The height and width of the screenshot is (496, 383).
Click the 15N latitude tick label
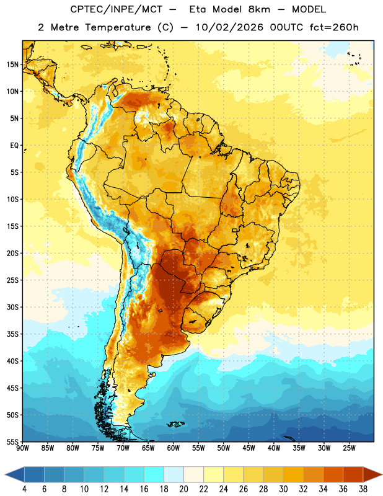point(12,64)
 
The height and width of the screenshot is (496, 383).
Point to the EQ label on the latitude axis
point(14,146)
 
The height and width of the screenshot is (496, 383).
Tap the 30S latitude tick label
point(12,307)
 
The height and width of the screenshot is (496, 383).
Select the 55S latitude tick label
point(12,442)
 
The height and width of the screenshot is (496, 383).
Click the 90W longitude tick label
point(22,448)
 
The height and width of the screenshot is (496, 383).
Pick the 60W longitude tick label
point(174,448)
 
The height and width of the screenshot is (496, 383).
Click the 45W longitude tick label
point(249,448)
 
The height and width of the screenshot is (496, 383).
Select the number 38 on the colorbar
point(363,489)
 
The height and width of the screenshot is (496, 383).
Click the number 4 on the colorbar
point(24,489)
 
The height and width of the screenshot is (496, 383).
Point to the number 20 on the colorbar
point(183,489)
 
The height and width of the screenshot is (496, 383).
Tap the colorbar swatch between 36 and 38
point(353,475)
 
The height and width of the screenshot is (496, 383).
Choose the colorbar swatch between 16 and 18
point(154,475)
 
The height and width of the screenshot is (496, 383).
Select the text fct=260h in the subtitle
point(334,27)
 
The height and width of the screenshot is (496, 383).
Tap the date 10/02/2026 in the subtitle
point(229,27)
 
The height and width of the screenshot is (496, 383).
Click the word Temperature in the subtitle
point(118,28)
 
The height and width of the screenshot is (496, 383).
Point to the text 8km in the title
point(259,9)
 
